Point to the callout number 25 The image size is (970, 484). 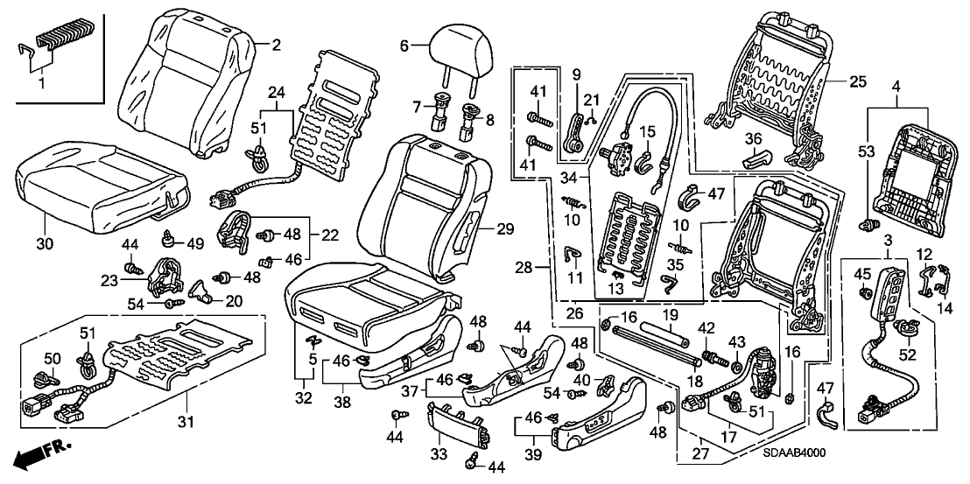[856, 83]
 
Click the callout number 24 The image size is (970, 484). [277, 92]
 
